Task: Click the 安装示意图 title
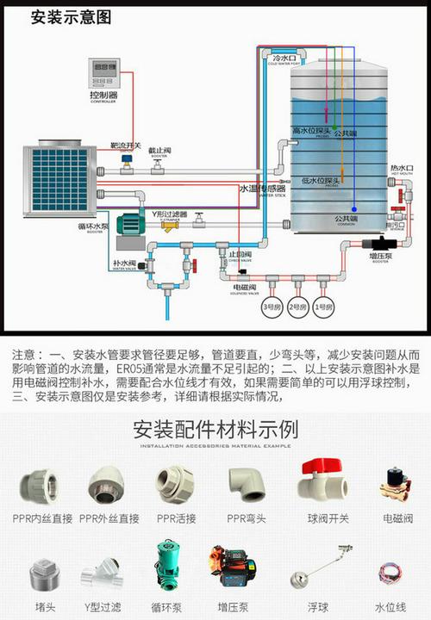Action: pyautogui.click(x=72, y=16)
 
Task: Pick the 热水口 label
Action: pyautogui.click(x=401, y=169)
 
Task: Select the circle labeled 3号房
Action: pyautogui.click(x=272, y=306)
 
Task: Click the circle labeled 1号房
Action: pyautogui.click(x=323, y=306)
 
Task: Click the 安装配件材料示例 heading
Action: pyautogui.click(x=215, y=430)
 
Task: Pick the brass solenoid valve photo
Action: pyautogui.click(x=397, y=482)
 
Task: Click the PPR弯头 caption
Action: pyautogui.click(x=247, y=518)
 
